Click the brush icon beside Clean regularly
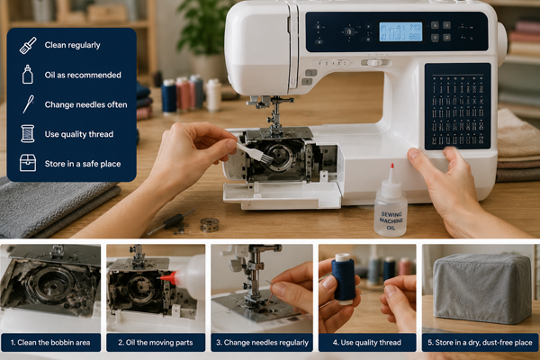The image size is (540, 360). [x=28, y=46]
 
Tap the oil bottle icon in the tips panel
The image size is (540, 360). [x=28, y=75]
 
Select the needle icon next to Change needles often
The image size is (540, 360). [x=28, y=104]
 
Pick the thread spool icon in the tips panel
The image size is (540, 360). [x=28, y=134]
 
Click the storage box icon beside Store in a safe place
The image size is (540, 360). [x=28, y=163]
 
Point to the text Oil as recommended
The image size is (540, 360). [x=83, y=75]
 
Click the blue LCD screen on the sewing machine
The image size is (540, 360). [x=400, y=32]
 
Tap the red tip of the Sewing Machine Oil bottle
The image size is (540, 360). [x=391, y=166]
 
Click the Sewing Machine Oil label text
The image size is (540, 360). [x=391, y=220]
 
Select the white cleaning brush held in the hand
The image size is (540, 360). [x=255, y=154]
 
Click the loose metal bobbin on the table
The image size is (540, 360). [x=209, y=225]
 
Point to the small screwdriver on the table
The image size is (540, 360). [x=171, y=221]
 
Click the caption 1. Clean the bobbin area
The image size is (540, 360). [x=50, y=342]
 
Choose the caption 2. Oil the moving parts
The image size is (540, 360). [x=156, y=342]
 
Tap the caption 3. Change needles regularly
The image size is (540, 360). [x=262, y=342]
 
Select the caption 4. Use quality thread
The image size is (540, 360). [x=367, y=342]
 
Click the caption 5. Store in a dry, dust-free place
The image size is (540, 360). [x=480, y=342]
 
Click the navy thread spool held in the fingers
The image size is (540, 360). [x=343, y=279]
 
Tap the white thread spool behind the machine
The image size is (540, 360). [x=213, y=94]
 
